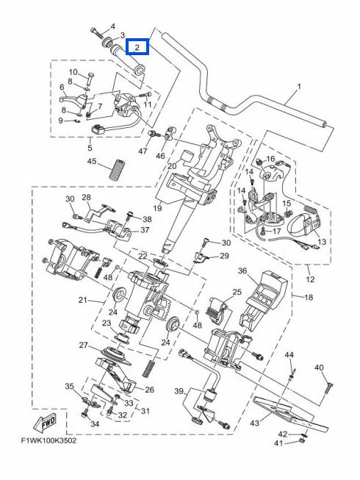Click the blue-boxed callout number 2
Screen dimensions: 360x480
pos(137,47)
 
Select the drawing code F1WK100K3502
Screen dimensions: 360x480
pos(48,441)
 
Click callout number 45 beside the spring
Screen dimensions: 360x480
pos(92,161)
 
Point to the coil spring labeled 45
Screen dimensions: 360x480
pos(115,169)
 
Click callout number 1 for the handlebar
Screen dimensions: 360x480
pos(299,87)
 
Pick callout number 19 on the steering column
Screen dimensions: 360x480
pos(157,208)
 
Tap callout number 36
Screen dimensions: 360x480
pos(242,271)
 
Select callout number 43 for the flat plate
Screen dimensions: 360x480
pos(254,423)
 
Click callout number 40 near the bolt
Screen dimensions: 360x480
pos(319,368)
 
